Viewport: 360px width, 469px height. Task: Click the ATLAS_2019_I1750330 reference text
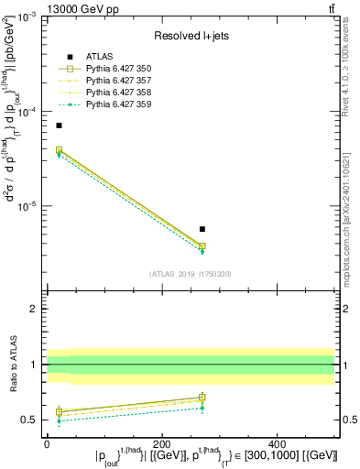click(191, 274)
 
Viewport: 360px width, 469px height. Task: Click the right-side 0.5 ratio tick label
click(348, 420)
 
